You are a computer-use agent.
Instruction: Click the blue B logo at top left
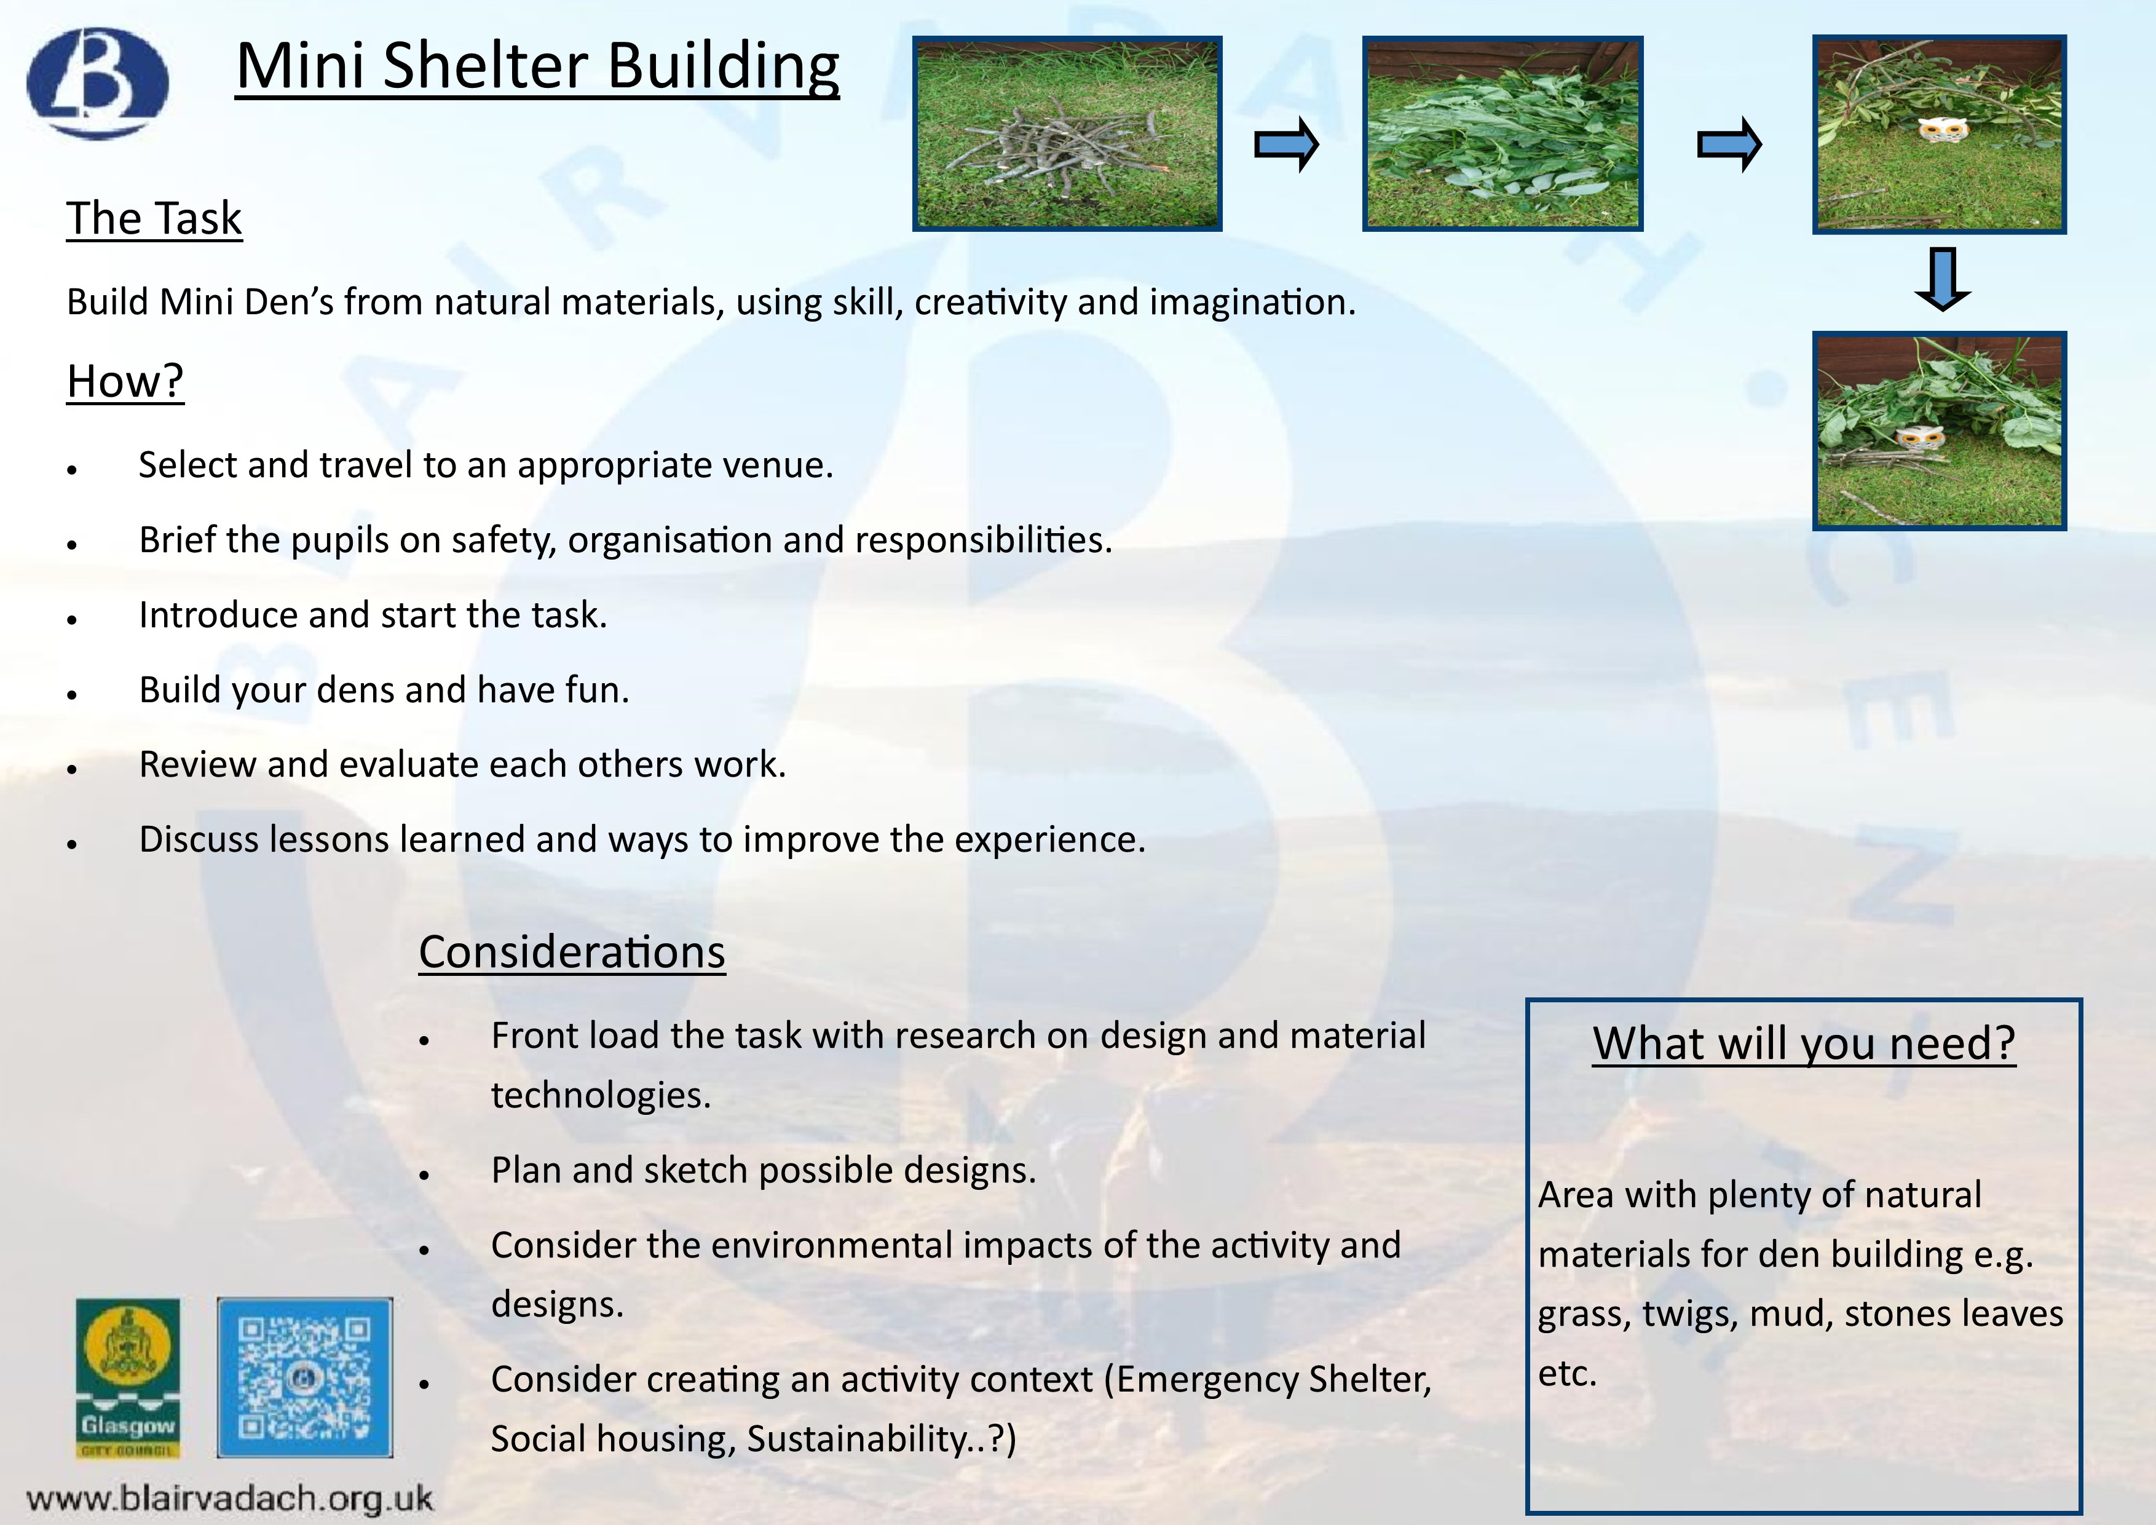click(98, 82)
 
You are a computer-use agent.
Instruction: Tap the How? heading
click(125, 381)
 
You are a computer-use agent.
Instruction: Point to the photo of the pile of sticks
click(1067, 133)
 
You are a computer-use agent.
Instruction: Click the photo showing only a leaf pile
click(1502, 133)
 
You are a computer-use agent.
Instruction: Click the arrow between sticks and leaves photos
click(1287, 145)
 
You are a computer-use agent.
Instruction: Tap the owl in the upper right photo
click(1940, 130)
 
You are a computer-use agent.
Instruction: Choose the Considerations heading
click(572, 951)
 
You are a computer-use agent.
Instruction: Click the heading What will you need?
click(1804, 1044)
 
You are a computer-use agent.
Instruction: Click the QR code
click(304, 1377)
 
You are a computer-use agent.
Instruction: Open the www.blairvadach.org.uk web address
click(230, 1498)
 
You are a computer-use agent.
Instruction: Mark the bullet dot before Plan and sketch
click(424, 1174)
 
